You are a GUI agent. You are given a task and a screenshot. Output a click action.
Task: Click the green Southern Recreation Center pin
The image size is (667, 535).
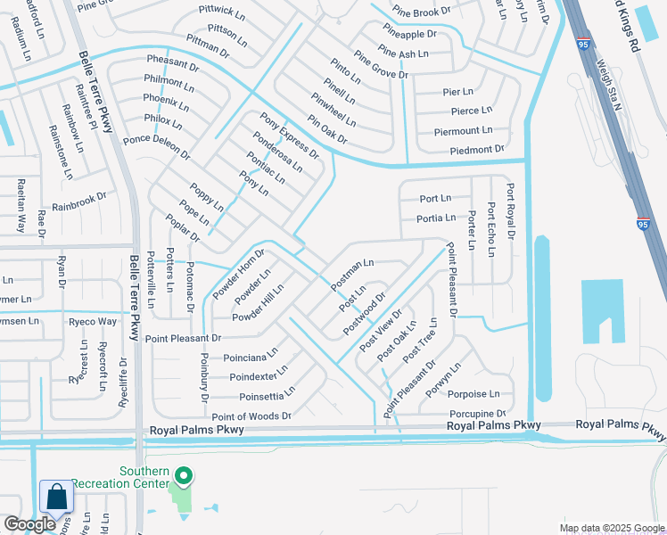(x=184, y=476)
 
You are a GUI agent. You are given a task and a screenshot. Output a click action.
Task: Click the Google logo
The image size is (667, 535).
(x=30, y=524)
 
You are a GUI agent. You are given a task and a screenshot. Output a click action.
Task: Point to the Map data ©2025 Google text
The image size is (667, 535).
(x=611, y=528)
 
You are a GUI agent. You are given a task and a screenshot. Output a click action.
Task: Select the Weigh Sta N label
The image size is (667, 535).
(x=608, y=85)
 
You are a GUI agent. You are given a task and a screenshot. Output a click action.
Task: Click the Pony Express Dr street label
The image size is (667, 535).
(x=290, y=136)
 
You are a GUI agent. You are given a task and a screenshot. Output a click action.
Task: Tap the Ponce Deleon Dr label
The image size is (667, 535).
(x=157, y=146)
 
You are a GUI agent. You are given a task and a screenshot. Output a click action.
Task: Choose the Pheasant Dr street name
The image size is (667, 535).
(x=173, y=64)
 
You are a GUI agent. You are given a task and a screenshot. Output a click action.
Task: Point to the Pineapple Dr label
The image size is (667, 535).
(x=408, y=34)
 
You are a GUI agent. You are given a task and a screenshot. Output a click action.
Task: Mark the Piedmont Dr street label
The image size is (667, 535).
(x=477, y=150)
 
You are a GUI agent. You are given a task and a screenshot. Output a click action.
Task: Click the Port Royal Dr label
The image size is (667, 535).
(x=511, y=212)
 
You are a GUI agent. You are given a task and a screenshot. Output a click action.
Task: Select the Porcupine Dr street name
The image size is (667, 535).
(x=477, y=414)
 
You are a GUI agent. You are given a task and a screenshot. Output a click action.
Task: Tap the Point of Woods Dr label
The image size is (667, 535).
(x=251, y=416)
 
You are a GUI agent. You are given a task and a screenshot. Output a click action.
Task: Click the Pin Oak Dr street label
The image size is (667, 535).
(x=327, y=130)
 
